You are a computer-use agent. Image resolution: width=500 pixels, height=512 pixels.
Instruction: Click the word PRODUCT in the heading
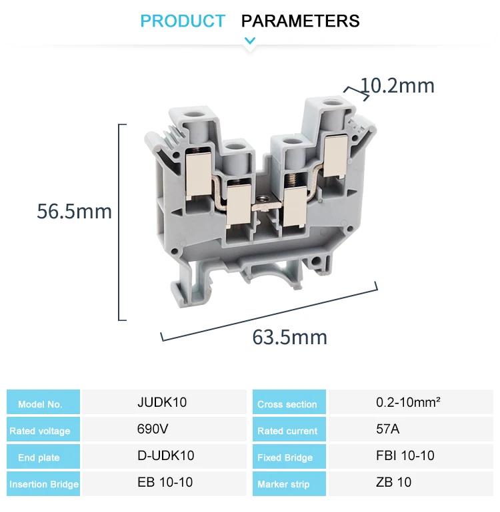[183, 21]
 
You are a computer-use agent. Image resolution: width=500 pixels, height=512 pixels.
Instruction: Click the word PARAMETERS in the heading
[300, 21]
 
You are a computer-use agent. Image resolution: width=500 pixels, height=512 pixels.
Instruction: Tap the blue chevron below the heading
[250, 41]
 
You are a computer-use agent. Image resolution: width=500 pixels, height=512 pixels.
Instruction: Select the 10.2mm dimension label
[397, 86]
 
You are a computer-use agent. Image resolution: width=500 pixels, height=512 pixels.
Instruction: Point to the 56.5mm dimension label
[74, 211]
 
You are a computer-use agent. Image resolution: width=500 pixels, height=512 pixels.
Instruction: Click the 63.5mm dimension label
[289, 337]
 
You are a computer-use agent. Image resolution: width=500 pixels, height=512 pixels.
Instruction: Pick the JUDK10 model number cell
[162, 403]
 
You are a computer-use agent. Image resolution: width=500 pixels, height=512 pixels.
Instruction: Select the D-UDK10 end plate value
[165, 456]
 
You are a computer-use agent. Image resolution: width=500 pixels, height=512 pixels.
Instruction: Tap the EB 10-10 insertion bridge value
[165, 483]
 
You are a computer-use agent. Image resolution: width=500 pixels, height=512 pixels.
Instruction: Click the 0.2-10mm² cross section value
[410, 403]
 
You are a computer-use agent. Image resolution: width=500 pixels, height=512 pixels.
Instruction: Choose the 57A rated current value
[388, 429]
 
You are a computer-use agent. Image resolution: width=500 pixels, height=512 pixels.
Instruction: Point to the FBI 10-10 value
[405, 456]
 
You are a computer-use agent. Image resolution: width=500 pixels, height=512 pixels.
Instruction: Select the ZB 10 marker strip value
[394, 483]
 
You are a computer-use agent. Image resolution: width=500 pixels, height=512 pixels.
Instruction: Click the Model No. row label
[40, 404]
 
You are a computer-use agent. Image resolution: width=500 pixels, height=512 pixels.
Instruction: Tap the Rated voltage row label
[40, 431]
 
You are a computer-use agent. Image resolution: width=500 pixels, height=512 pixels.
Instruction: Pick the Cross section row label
[287, 404]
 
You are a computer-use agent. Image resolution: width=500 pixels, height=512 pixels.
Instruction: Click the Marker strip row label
[283, 484]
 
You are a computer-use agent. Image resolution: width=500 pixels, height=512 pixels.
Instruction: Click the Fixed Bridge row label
[285, 457]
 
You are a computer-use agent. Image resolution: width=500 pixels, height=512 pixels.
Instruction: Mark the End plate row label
[39, 457]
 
